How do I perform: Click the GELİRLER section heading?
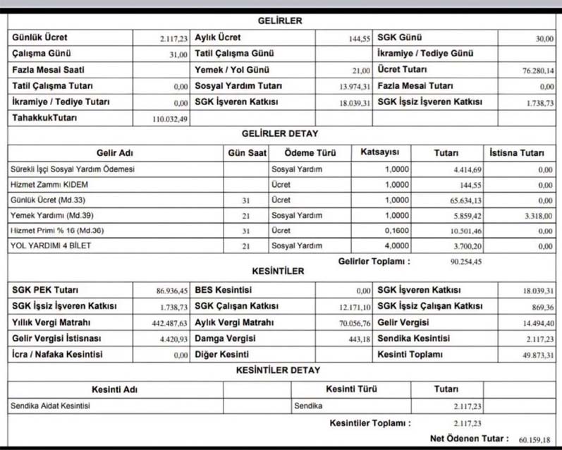(280, 21)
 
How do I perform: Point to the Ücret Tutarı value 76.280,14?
(537, 71)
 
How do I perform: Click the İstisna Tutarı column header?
(517, 152)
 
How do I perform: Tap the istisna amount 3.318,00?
(537, 216)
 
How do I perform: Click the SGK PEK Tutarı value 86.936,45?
(172, 291)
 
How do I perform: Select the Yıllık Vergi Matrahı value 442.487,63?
(170, 324)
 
